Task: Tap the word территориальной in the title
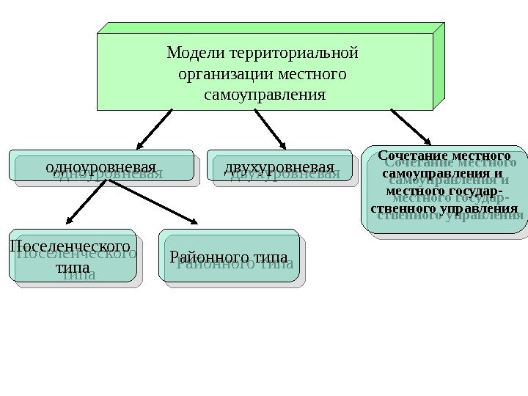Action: (293, 54)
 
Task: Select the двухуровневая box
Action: (279, 166)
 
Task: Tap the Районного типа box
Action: (229, 257)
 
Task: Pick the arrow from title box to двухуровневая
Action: (270, 128)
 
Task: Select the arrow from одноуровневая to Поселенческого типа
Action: (89, 202)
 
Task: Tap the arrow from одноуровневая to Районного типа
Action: (154, 202)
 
